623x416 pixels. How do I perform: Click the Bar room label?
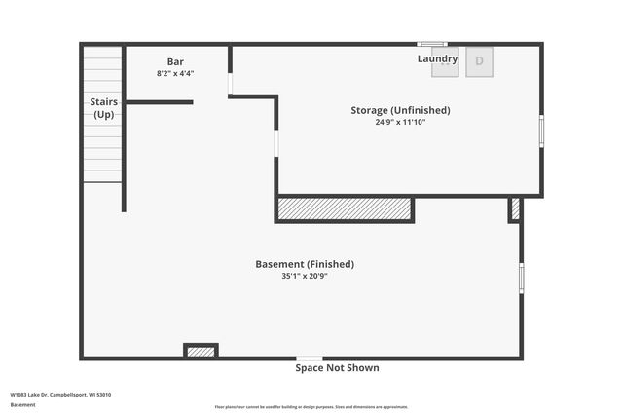[x=175, y=61]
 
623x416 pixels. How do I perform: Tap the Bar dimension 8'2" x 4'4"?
[x=175, y=73]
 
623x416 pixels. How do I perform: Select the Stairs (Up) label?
[x=103, y=107]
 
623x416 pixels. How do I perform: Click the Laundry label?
[x=437, y=58]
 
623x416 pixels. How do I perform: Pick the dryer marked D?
[x=479, y=60]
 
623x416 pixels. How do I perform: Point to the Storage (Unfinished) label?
[x=400, y=110]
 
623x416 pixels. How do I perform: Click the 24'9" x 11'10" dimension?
[x=400, y=122]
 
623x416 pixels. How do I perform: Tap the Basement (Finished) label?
[x=305, y=264]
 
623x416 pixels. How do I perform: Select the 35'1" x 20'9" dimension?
[x=305, y=276]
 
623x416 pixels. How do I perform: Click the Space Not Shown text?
[x=337, y=368]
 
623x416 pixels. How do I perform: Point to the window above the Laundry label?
[x=431, y=44]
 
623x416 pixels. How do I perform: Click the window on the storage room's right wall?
[x=541, y=131]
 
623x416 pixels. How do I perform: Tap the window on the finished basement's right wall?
[x=521, y=278]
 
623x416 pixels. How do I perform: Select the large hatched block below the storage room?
[x=345, y=209]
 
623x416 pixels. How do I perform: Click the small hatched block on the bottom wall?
[x=201, y=351]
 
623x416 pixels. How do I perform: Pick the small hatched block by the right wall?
[x=515, y=208]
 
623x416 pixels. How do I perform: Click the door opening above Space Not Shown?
[x=310, y=359]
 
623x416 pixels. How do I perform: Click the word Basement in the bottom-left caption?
[x=22, y=404]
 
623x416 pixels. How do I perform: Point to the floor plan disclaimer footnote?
[x=311, y=407]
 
